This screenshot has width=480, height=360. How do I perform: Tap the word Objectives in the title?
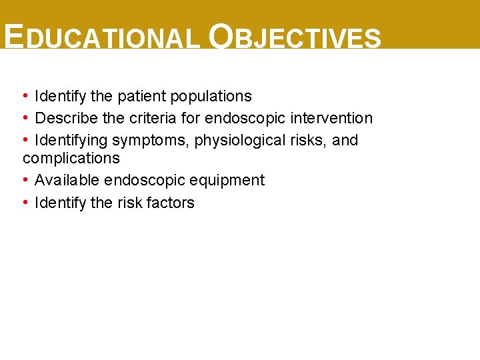click(x=294, y=38)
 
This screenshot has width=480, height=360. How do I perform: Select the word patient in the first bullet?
click(x=141, y=96)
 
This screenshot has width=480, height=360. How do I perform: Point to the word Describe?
click(x=62, y=118)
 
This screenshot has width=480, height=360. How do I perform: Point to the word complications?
click(x=71, y=159)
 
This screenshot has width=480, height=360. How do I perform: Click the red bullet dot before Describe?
click(x=25, y=118)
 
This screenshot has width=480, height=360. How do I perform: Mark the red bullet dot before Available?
click(x=25, y=180)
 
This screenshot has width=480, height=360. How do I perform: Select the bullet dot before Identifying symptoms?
click(x=25, y=140)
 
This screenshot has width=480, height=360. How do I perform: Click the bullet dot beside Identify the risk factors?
click(x=25, y=202)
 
